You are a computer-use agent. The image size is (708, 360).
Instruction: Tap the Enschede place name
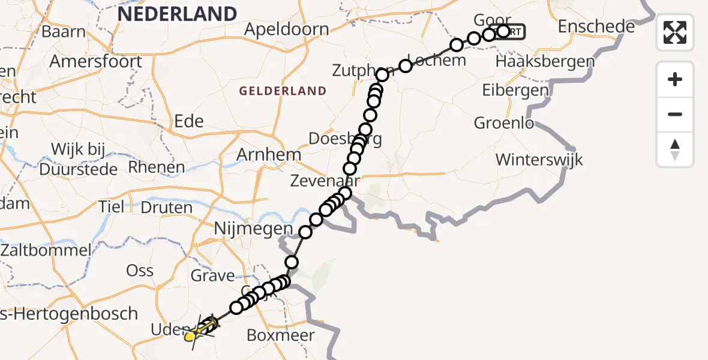[596, 26]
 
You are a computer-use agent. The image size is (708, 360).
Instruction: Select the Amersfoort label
[96, 61]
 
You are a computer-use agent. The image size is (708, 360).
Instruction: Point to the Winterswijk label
[539, 160]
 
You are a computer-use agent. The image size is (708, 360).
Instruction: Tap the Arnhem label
[268, 155]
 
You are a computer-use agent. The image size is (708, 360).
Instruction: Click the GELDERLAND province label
[283, 91]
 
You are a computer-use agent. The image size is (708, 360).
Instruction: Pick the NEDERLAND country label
[177, 13]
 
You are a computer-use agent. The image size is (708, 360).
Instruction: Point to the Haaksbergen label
[545, 62]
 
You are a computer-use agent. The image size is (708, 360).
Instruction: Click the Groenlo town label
[504, 123]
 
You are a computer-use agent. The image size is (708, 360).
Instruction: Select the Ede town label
[188, 121]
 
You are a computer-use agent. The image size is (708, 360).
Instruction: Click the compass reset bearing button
[675, 149]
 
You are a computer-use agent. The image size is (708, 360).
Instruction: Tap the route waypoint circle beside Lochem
[406, 66]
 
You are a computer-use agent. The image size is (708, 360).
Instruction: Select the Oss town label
[140, 270]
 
